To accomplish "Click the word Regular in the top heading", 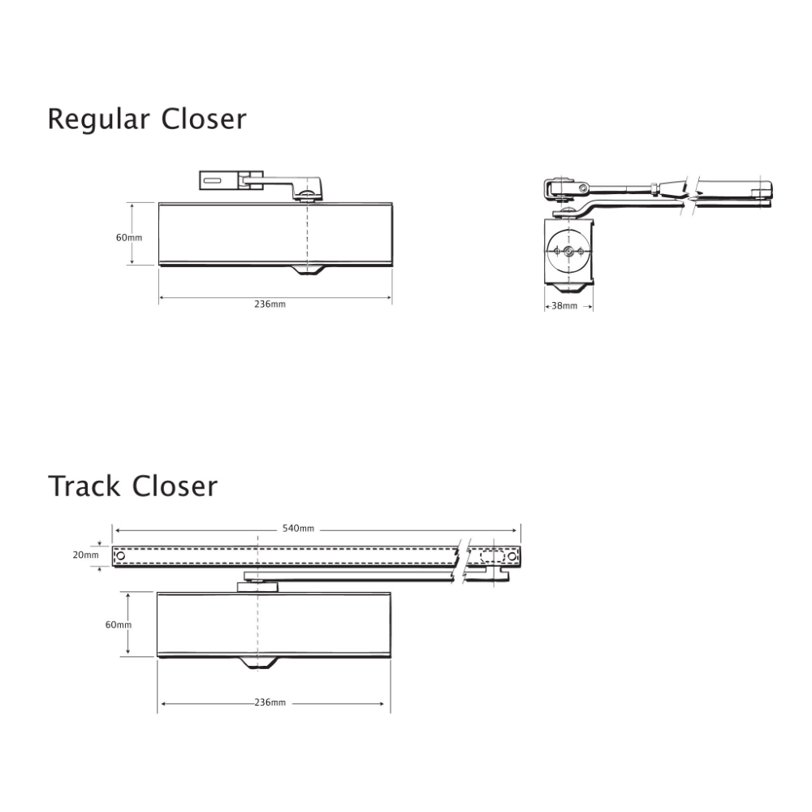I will click(98, 119).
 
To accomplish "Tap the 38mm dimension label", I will click(564, 306).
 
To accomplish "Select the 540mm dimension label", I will click(298, 529).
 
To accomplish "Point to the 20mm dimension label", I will click(85, 555).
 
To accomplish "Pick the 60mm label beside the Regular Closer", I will click(129, 238).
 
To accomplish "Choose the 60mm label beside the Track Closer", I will click(119, 624).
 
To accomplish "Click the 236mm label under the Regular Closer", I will click(270, 304).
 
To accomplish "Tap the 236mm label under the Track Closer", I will click(270, 702).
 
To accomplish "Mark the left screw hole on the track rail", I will click(121, 556).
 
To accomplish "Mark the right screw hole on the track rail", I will click(512, 556).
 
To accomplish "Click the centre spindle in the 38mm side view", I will click(568, 252).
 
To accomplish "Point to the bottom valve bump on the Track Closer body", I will click(257, 663).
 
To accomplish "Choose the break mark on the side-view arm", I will click(690, 192).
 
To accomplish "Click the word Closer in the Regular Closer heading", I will click(204, 119).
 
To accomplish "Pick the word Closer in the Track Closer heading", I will click(175, 486).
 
